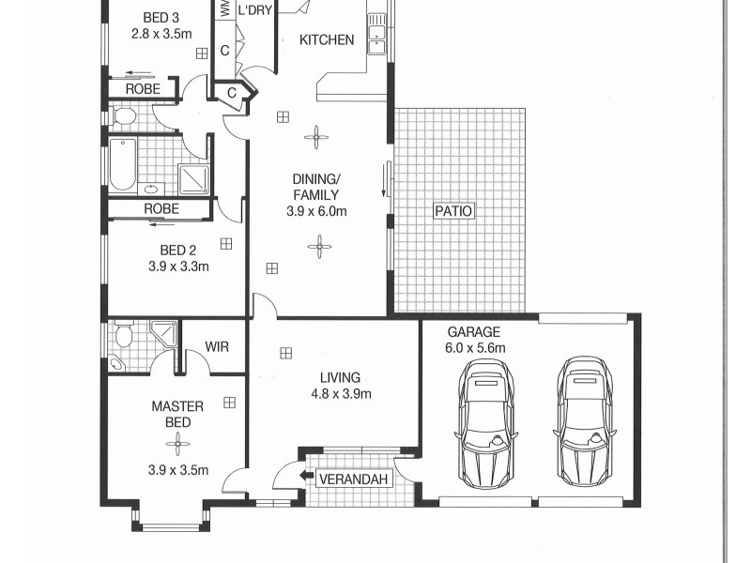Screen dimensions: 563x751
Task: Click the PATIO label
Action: tap(453, 211)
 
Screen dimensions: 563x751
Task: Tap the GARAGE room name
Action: tap(474, 332)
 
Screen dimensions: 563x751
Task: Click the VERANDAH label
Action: tap(353, 479)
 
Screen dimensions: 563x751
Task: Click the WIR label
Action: tap(217, 346)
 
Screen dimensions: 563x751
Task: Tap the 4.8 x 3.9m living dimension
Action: tap(342, 394)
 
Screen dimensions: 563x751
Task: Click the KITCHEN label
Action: tap(327, 39)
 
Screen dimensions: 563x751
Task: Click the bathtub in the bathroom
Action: tap(122, 166)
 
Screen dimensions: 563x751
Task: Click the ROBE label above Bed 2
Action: tap(161, 209)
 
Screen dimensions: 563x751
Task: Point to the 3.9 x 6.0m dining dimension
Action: tap(316, 212)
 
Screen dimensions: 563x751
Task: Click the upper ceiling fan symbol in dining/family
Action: tap(316, 138)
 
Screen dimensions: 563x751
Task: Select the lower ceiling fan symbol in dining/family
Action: tap(320, 248)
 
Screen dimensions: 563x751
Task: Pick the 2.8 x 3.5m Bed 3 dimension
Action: tap(161, 34)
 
